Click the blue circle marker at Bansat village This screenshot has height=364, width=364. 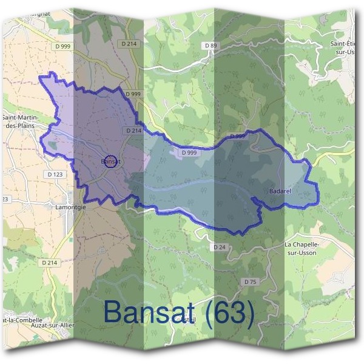point(110,161)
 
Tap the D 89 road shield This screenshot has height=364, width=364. point(211,45)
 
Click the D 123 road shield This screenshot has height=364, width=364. point(55,175)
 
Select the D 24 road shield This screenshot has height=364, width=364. point(220,247)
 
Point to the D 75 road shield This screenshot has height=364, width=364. point(251,282)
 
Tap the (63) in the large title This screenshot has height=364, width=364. point(230,312)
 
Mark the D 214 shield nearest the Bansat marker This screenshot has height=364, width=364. point(134,130)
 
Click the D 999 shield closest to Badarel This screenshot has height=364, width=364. point(238,136)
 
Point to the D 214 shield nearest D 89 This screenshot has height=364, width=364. point(129,44)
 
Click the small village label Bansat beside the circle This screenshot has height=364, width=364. point(107,161)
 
